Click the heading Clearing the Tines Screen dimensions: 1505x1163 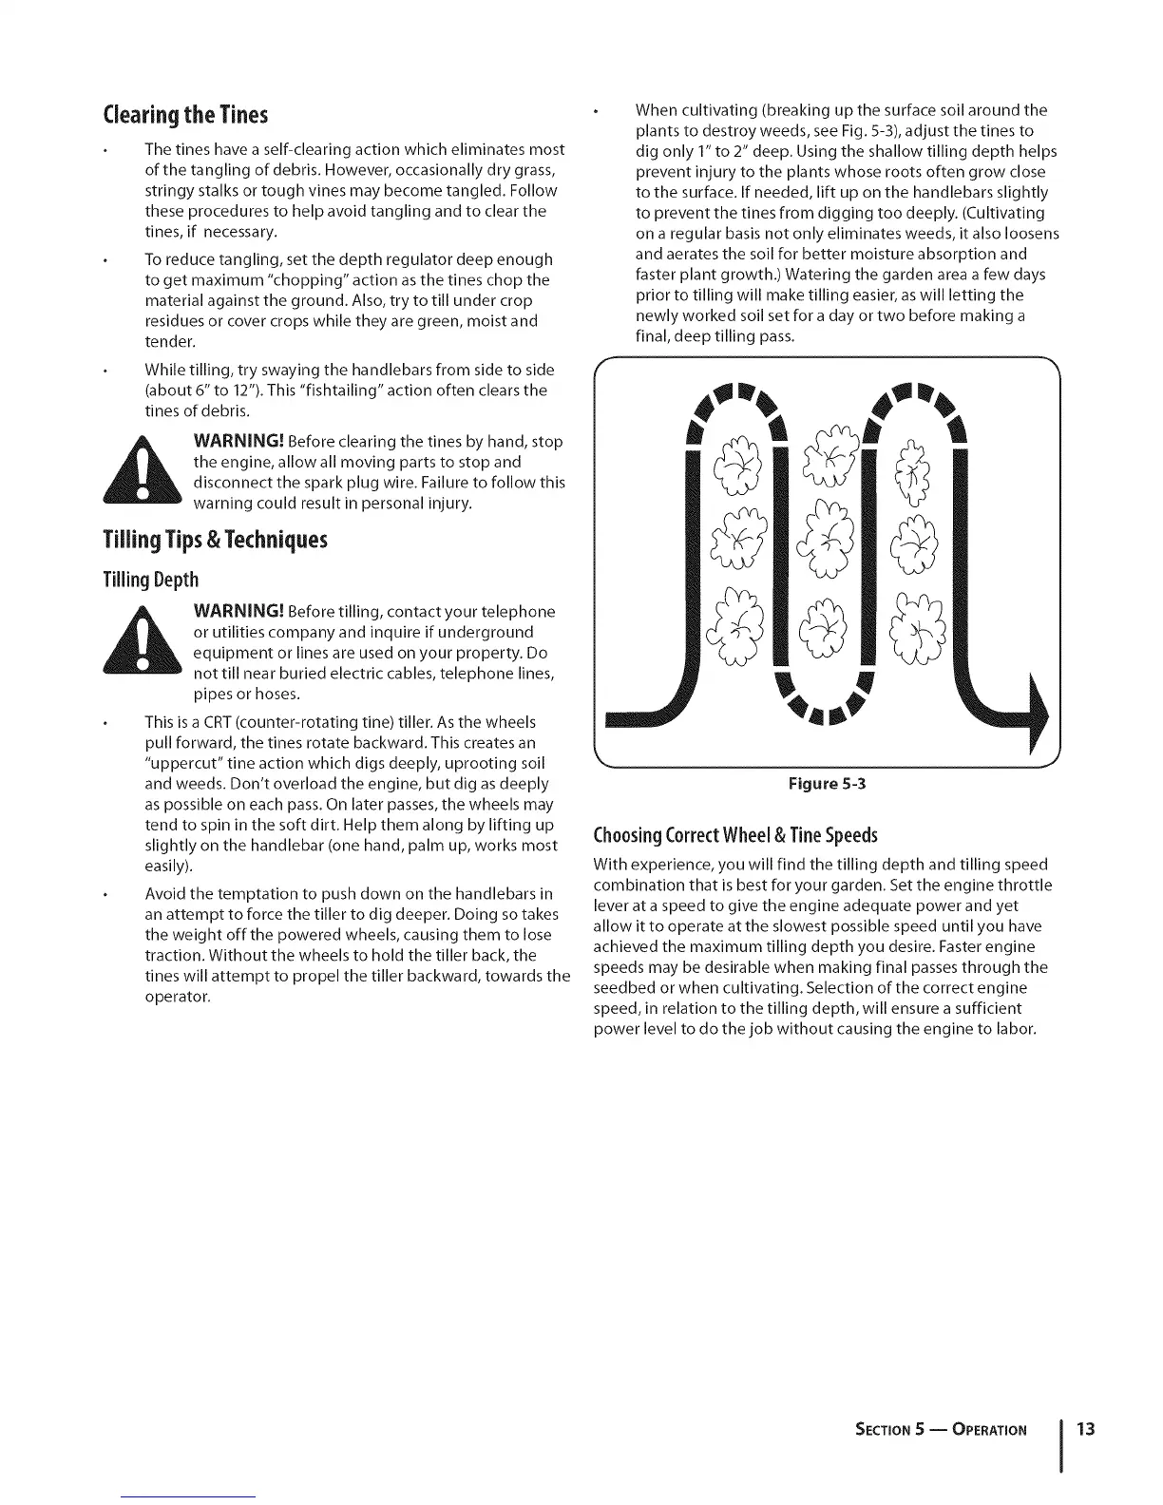[185, 115]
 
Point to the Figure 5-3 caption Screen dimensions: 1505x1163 [827, 784]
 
